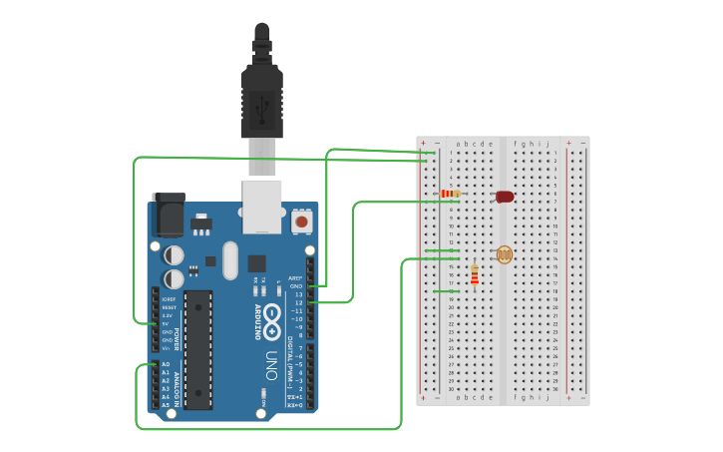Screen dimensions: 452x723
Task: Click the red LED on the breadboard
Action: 505,197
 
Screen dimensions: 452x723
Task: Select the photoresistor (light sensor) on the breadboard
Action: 504,254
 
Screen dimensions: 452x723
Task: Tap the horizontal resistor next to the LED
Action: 450,194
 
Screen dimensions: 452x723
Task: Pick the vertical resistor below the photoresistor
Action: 474,274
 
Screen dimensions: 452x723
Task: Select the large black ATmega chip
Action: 197,349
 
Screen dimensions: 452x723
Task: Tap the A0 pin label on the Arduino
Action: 166,364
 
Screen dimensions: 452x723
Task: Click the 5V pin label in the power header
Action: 166,323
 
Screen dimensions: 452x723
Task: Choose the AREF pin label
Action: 295,278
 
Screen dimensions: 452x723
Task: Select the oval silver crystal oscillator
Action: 230,259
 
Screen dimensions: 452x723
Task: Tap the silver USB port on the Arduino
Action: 261,206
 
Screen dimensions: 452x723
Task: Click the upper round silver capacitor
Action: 174,255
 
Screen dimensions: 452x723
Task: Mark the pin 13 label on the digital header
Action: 297,294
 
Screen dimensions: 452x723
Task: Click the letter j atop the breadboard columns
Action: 546,144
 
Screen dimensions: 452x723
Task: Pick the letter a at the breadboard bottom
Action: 458,396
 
